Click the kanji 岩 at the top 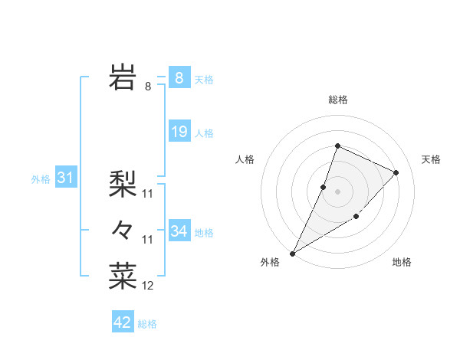(123, 77)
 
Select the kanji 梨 (123, 184)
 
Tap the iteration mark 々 (123, 229)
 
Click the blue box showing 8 (179, 78)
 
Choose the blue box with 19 (179, 132)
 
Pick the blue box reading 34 (179, 231)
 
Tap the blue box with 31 (65, 178)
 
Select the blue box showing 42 (123, 322)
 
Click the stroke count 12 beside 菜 (148, 286)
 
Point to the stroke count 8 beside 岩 (148, 87)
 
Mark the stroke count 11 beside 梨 (148, 194)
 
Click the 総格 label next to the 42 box (147, 324)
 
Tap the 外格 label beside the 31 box (41, 179)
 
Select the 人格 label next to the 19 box (204, 133)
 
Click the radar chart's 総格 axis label (337, 100)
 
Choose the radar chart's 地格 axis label (402, 262)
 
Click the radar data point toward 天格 (396, 172)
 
